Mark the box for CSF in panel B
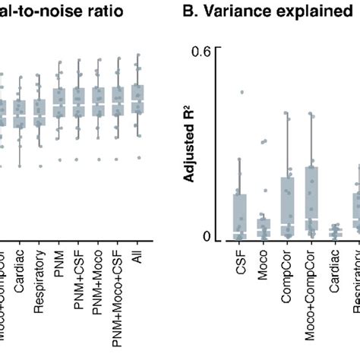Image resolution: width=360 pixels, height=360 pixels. click(239, 216)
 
